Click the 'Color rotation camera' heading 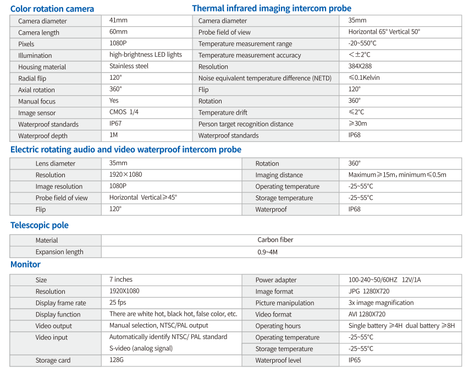pos(52,9)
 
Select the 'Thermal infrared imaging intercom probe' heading pos(272,8)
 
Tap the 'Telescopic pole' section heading pos(40,225)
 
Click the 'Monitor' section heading pos(25,265)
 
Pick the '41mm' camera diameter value pos(118,20)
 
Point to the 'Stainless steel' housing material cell pos(129,66)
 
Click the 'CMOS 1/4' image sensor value pos(124,112)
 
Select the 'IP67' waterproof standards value pos(115,124)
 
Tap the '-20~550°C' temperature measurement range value pos(362,43)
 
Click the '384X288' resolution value pos(360,67)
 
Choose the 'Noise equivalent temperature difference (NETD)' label pos(265,78)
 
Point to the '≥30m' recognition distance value pos(357,124)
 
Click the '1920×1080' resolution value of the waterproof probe pos(125,175)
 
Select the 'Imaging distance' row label pos(279,175)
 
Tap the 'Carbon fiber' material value pos(275,240)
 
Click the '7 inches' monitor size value pos(120,280)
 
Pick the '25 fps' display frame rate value pos(118,303)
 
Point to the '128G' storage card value pos(117,360)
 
